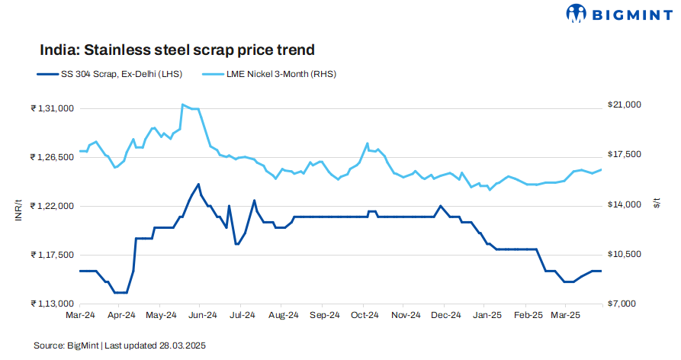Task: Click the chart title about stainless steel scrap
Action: (x=177, y=50)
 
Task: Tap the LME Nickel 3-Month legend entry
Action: (x=270, y=74)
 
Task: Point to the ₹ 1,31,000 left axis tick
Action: (x=52, y=109)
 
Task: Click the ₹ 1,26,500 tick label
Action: (x=52, y=158)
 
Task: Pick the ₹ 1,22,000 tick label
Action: (x=52, y=207)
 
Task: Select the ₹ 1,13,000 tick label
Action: (x=52, y=304)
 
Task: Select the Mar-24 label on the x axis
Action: (x=80, y=314)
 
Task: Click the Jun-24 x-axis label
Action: (x=202, y=314)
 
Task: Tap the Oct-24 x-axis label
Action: (x=365, y=314)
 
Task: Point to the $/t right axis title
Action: (x=657, y=203)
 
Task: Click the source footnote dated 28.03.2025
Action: (x=120, y=346)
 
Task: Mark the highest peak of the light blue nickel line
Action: (x=182, y=104)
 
